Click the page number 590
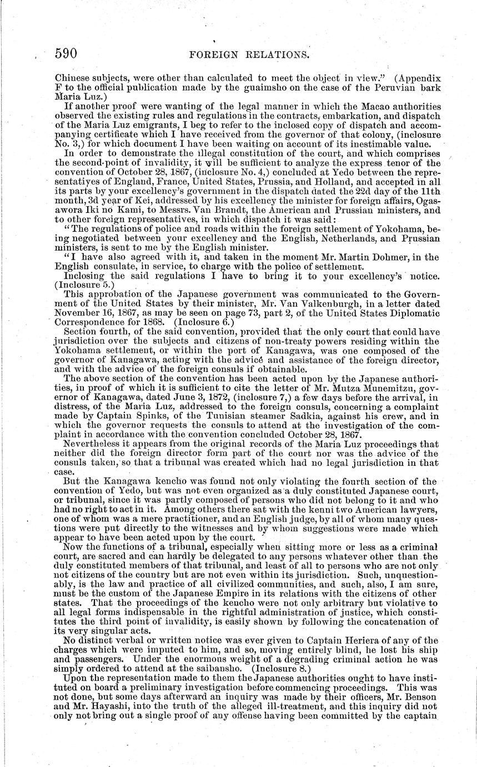[x=65, y=53]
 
